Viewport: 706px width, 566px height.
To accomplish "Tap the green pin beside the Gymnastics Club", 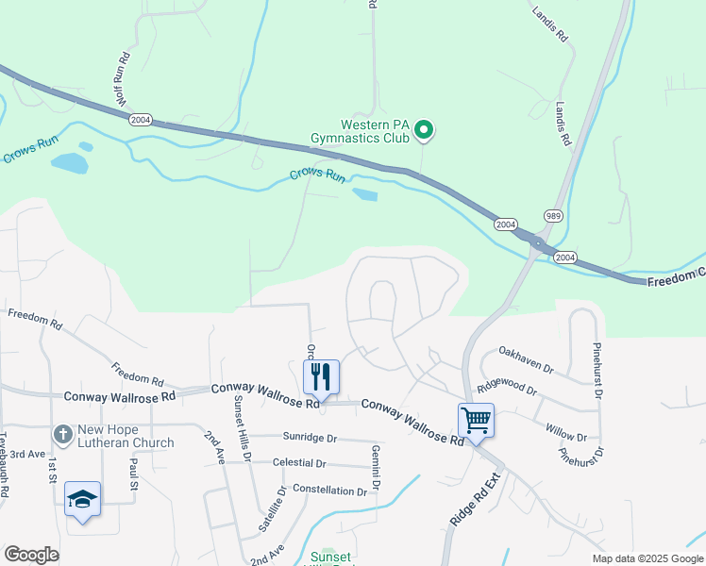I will click(x=424, y=129).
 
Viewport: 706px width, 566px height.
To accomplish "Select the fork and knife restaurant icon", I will click(x=321, y=377).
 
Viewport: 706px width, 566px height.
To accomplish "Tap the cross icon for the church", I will click(x=62, y=435).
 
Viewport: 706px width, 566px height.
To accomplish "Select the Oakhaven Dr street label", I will click(x=526, y=357).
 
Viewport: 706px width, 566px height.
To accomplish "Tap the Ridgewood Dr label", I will click(x=507, y=386).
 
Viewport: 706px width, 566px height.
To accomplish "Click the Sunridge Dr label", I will click(x=310, y=438).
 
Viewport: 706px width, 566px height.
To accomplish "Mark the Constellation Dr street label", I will click(x=329, y=491).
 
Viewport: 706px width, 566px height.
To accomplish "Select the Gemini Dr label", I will click(x=376, y=467).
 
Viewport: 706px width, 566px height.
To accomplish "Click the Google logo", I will click(x=31, y=555).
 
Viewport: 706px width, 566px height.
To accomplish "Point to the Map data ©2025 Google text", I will click(x=647, y=558).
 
